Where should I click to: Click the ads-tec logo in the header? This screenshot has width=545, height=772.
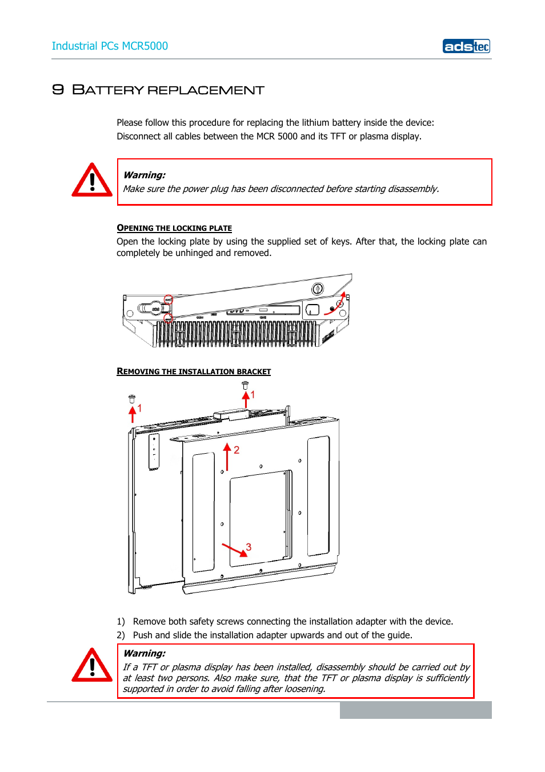(x=466, y=46)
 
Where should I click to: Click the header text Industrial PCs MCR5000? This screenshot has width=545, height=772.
(x=110, y=46)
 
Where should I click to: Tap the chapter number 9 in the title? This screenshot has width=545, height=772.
(x=58, y=90)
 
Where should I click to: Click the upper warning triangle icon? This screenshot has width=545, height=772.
(x=92, y=181)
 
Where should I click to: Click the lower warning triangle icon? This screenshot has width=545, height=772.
(x=92, y=666)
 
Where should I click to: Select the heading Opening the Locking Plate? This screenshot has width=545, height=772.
(x=174, y=228)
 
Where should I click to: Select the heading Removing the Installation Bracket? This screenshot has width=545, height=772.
(x=194, y=371)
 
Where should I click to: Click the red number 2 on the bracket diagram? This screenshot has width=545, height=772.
(x=237, y=450)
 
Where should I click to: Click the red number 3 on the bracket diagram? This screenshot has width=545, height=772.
(x=249, y=547)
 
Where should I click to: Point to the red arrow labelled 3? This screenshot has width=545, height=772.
(x=234, y=549)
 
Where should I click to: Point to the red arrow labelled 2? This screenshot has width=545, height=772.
(x=227, y=457)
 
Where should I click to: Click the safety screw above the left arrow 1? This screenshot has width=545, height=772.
(x=132, y=398)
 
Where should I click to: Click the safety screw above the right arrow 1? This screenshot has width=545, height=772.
(x=245, y=385)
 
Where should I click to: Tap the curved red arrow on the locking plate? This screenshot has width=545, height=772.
(x=337, y=303)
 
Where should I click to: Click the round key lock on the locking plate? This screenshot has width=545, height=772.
(x=318, y=289)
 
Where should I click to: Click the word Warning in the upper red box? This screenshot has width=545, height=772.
(x=145, y=175)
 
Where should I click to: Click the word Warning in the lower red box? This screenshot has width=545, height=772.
(x=145, y=653)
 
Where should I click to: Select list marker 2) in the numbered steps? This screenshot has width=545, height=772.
(x=121, y=635)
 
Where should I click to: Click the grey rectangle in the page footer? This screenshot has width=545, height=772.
(x=415, y=710)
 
